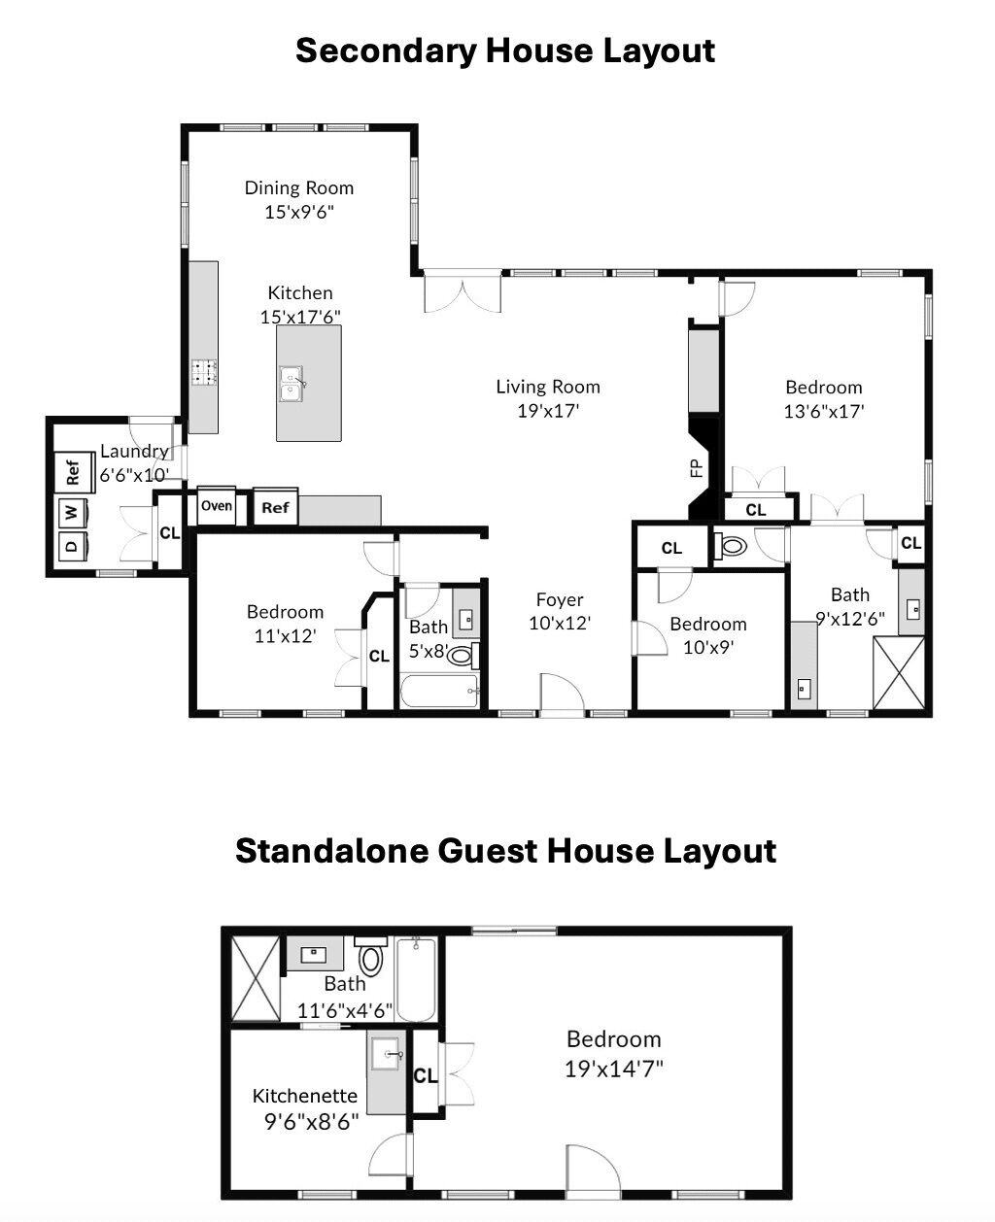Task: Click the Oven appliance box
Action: tap(217, 505)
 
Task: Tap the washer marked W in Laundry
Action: tap(71, 511)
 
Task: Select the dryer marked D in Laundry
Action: tap(72, 545)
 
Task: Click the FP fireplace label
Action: tap(696, 468)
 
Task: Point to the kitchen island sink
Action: tap(292, 384)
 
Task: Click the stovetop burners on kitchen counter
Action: tap(204, 371)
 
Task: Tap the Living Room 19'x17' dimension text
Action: tap(548, 411)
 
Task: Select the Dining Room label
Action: tap(299, 187)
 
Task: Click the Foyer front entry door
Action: tap(563, 696)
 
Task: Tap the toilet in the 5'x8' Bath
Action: tap(463, 656)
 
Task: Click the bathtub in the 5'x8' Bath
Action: tap(439, 691)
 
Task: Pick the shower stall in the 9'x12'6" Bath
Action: tap(899, 673)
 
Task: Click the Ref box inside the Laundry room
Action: tap(74, 472)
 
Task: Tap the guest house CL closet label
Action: tap(426, 1075)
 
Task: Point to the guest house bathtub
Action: tap(416, 979)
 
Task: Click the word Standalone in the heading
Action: tap(332, 851)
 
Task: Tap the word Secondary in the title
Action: tap(386, 52)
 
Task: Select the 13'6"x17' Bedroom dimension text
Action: tap(824, 411)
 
